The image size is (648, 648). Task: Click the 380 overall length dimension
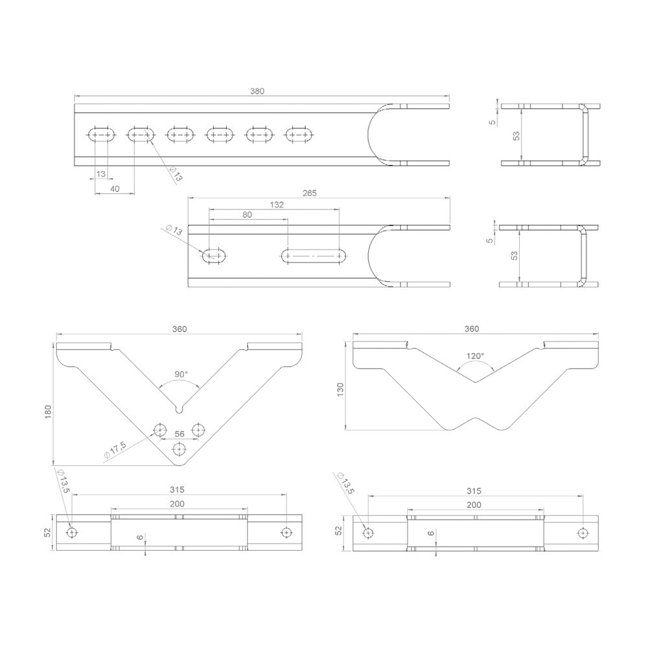click(x=258, y=91)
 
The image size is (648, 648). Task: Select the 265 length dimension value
click(x=309, y=192)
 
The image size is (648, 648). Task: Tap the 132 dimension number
click(x=276, y=204)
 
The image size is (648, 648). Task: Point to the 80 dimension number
click(x=247, y=214)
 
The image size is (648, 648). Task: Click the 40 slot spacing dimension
click(x=115, y=189)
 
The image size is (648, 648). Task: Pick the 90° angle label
click(x=181, y=375)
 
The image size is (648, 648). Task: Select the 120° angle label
click(x=475, y=356)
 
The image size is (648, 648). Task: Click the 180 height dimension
click(x=48, y=412)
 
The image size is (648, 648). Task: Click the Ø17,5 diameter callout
click(x=114, y=451)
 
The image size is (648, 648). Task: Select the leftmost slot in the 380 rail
click(x=102, y=135)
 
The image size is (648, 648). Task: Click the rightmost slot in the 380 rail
click(x=299, y=135)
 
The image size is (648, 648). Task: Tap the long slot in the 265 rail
click(x=313, y=256)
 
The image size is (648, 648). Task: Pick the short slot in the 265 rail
click(x=214, y=256)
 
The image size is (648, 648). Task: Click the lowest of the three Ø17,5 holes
click(x=179, y=448)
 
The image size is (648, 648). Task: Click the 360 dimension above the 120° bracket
click(x=472, y=329)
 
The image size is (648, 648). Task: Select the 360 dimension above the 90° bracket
click(x=179, y=329)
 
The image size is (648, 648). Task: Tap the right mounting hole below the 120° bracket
click(x=583, y=533)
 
